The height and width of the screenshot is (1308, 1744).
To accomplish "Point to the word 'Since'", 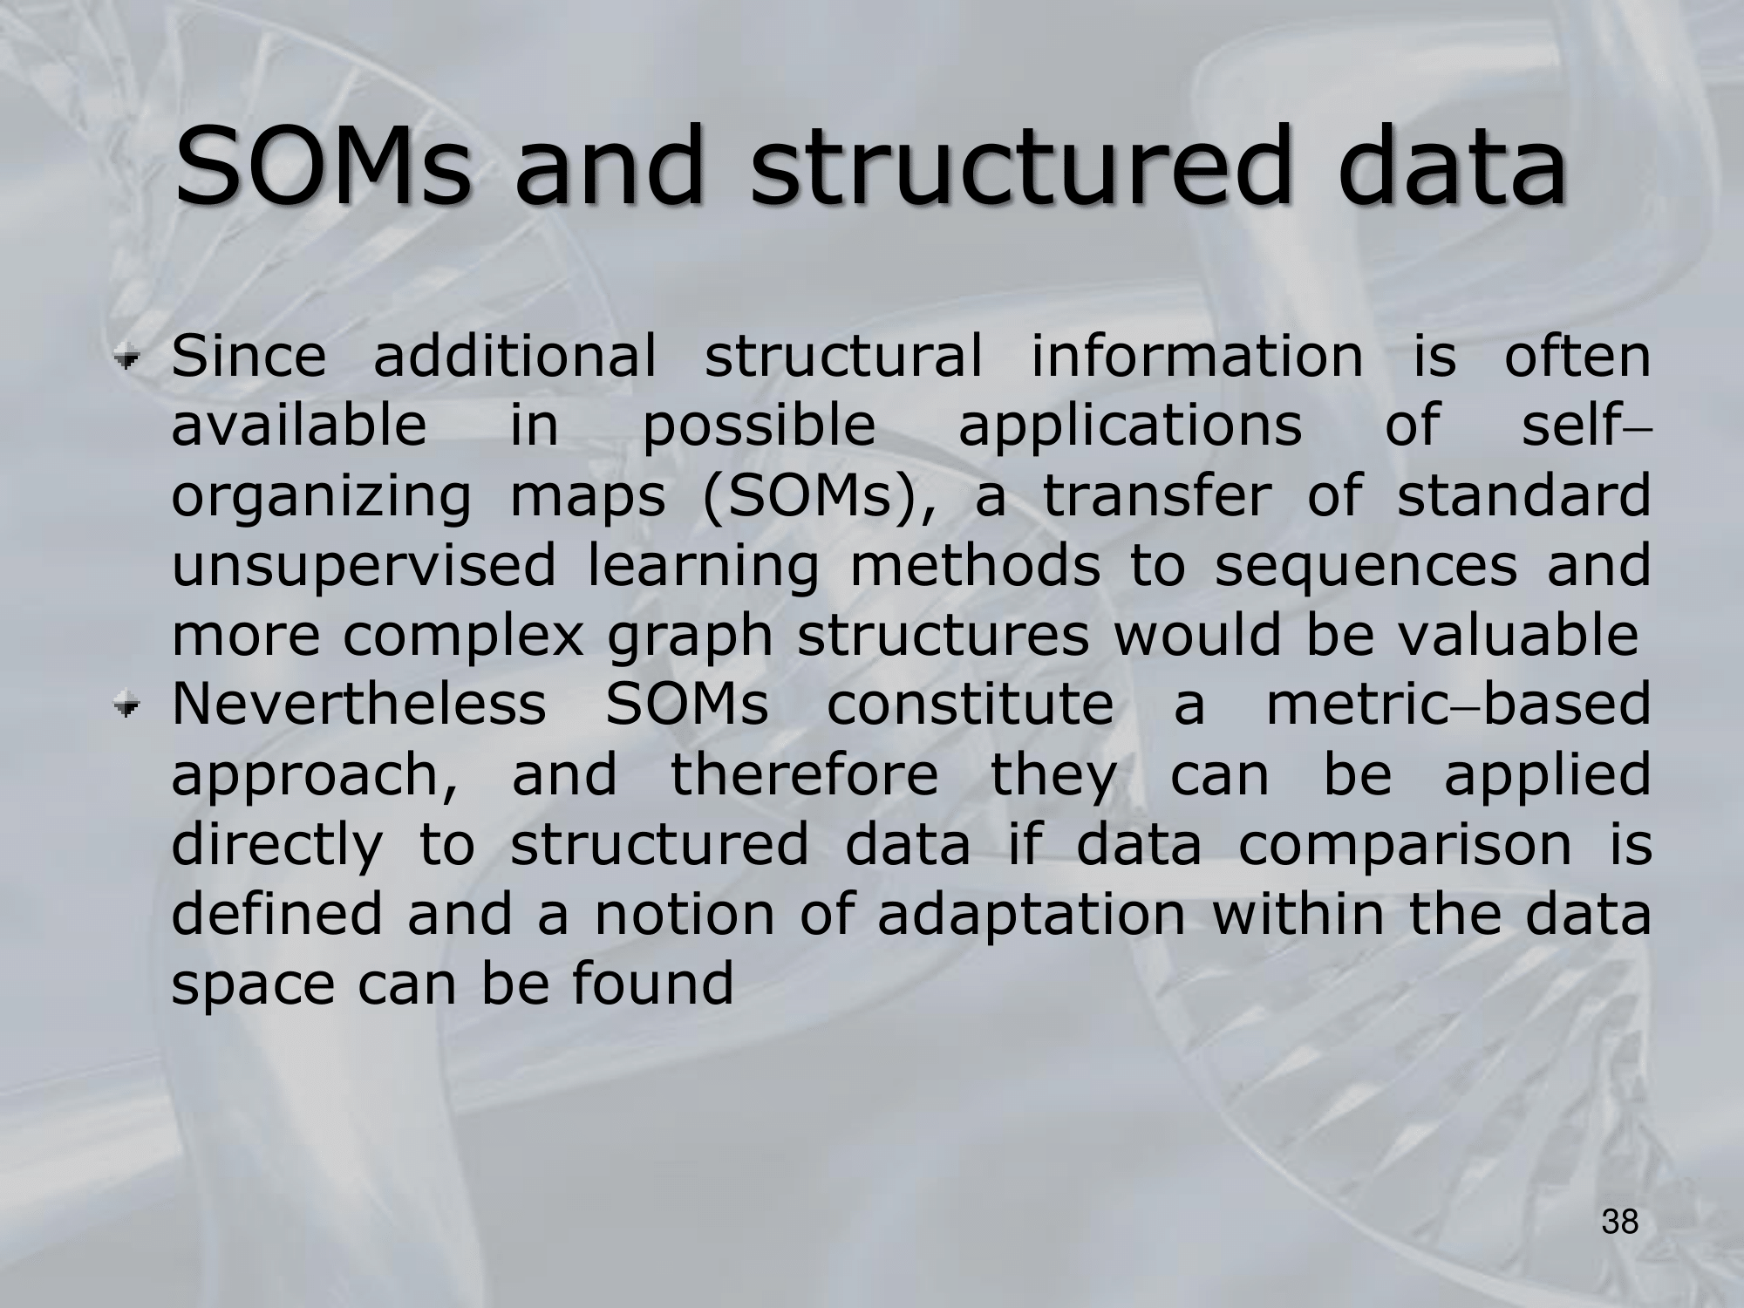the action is [249, 356].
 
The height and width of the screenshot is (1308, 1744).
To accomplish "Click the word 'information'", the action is [1196, 356].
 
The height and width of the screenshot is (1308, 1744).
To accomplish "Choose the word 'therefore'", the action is [804, 774].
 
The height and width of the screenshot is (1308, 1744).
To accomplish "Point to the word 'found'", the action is [652, 984].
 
